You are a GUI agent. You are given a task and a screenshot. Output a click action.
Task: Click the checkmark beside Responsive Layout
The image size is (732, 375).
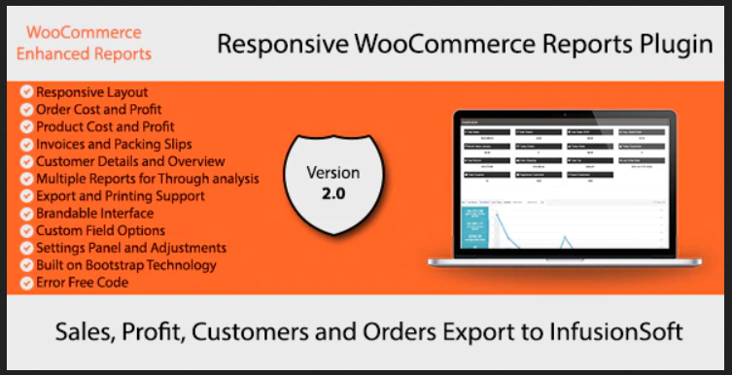coord(26,91)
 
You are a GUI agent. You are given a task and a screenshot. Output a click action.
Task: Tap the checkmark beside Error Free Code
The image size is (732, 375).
coord(26,283)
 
